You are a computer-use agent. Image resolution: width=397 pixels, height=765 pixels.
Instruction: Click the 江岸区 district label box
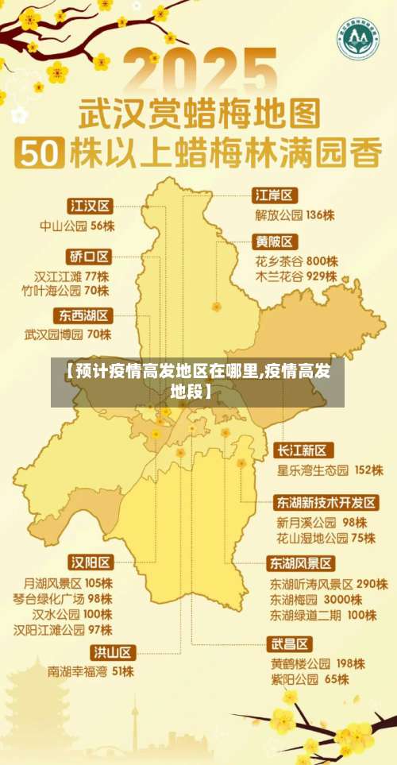[275, 195]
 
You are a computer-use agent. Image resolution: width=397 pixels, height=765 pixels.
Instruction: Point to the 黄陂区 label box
[275, 241]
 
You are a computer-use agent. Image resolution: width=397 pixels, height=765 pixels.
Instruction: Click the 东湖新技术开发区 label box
[326, 503]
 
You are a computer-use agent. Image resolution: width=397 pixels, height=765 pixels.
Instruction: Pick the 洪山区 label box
[112, 652]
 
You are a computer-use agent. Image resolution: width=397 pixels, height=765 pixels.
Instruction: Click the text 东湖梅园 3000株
[317, 599]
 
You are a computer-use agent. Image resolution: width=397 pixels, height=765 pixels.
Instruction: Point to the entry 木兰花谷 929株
[296, 277]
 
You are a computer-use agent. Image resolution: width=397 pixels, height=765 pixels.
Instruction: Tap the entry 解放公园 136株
[295, 214]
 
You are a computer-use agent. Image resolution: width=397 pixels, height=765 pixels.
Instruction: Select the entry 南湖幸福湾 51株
[91, 671]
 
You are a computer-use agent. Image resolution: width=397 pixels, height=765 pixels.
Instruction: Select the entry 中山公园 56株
[77, 226]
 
